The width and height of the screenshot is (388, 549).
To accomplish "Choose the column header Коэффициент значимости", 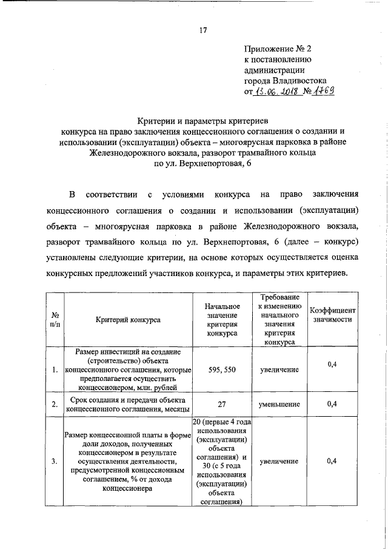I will [x=332, y=315].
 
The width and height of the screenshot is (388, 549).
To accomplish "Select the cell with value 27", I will [x=222, y=403].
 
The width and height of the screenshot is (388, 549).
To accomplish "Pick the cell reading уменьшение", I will [x=279, y=403].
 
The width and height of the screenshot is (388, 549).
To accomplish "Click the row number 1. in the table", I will [x=55, y=369].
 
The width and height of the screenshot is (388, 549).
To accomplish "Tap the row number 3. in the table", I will [x=55, y=462].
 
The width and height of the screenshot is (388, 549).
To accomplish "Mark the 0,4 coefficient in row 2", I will [x=332, y=403].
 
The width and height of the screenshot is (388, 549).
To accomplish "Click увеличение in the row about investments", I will [x=279, y=369].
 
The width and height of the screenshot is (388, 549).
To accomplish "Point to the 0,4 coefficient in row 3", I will [x=332, y=462].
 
